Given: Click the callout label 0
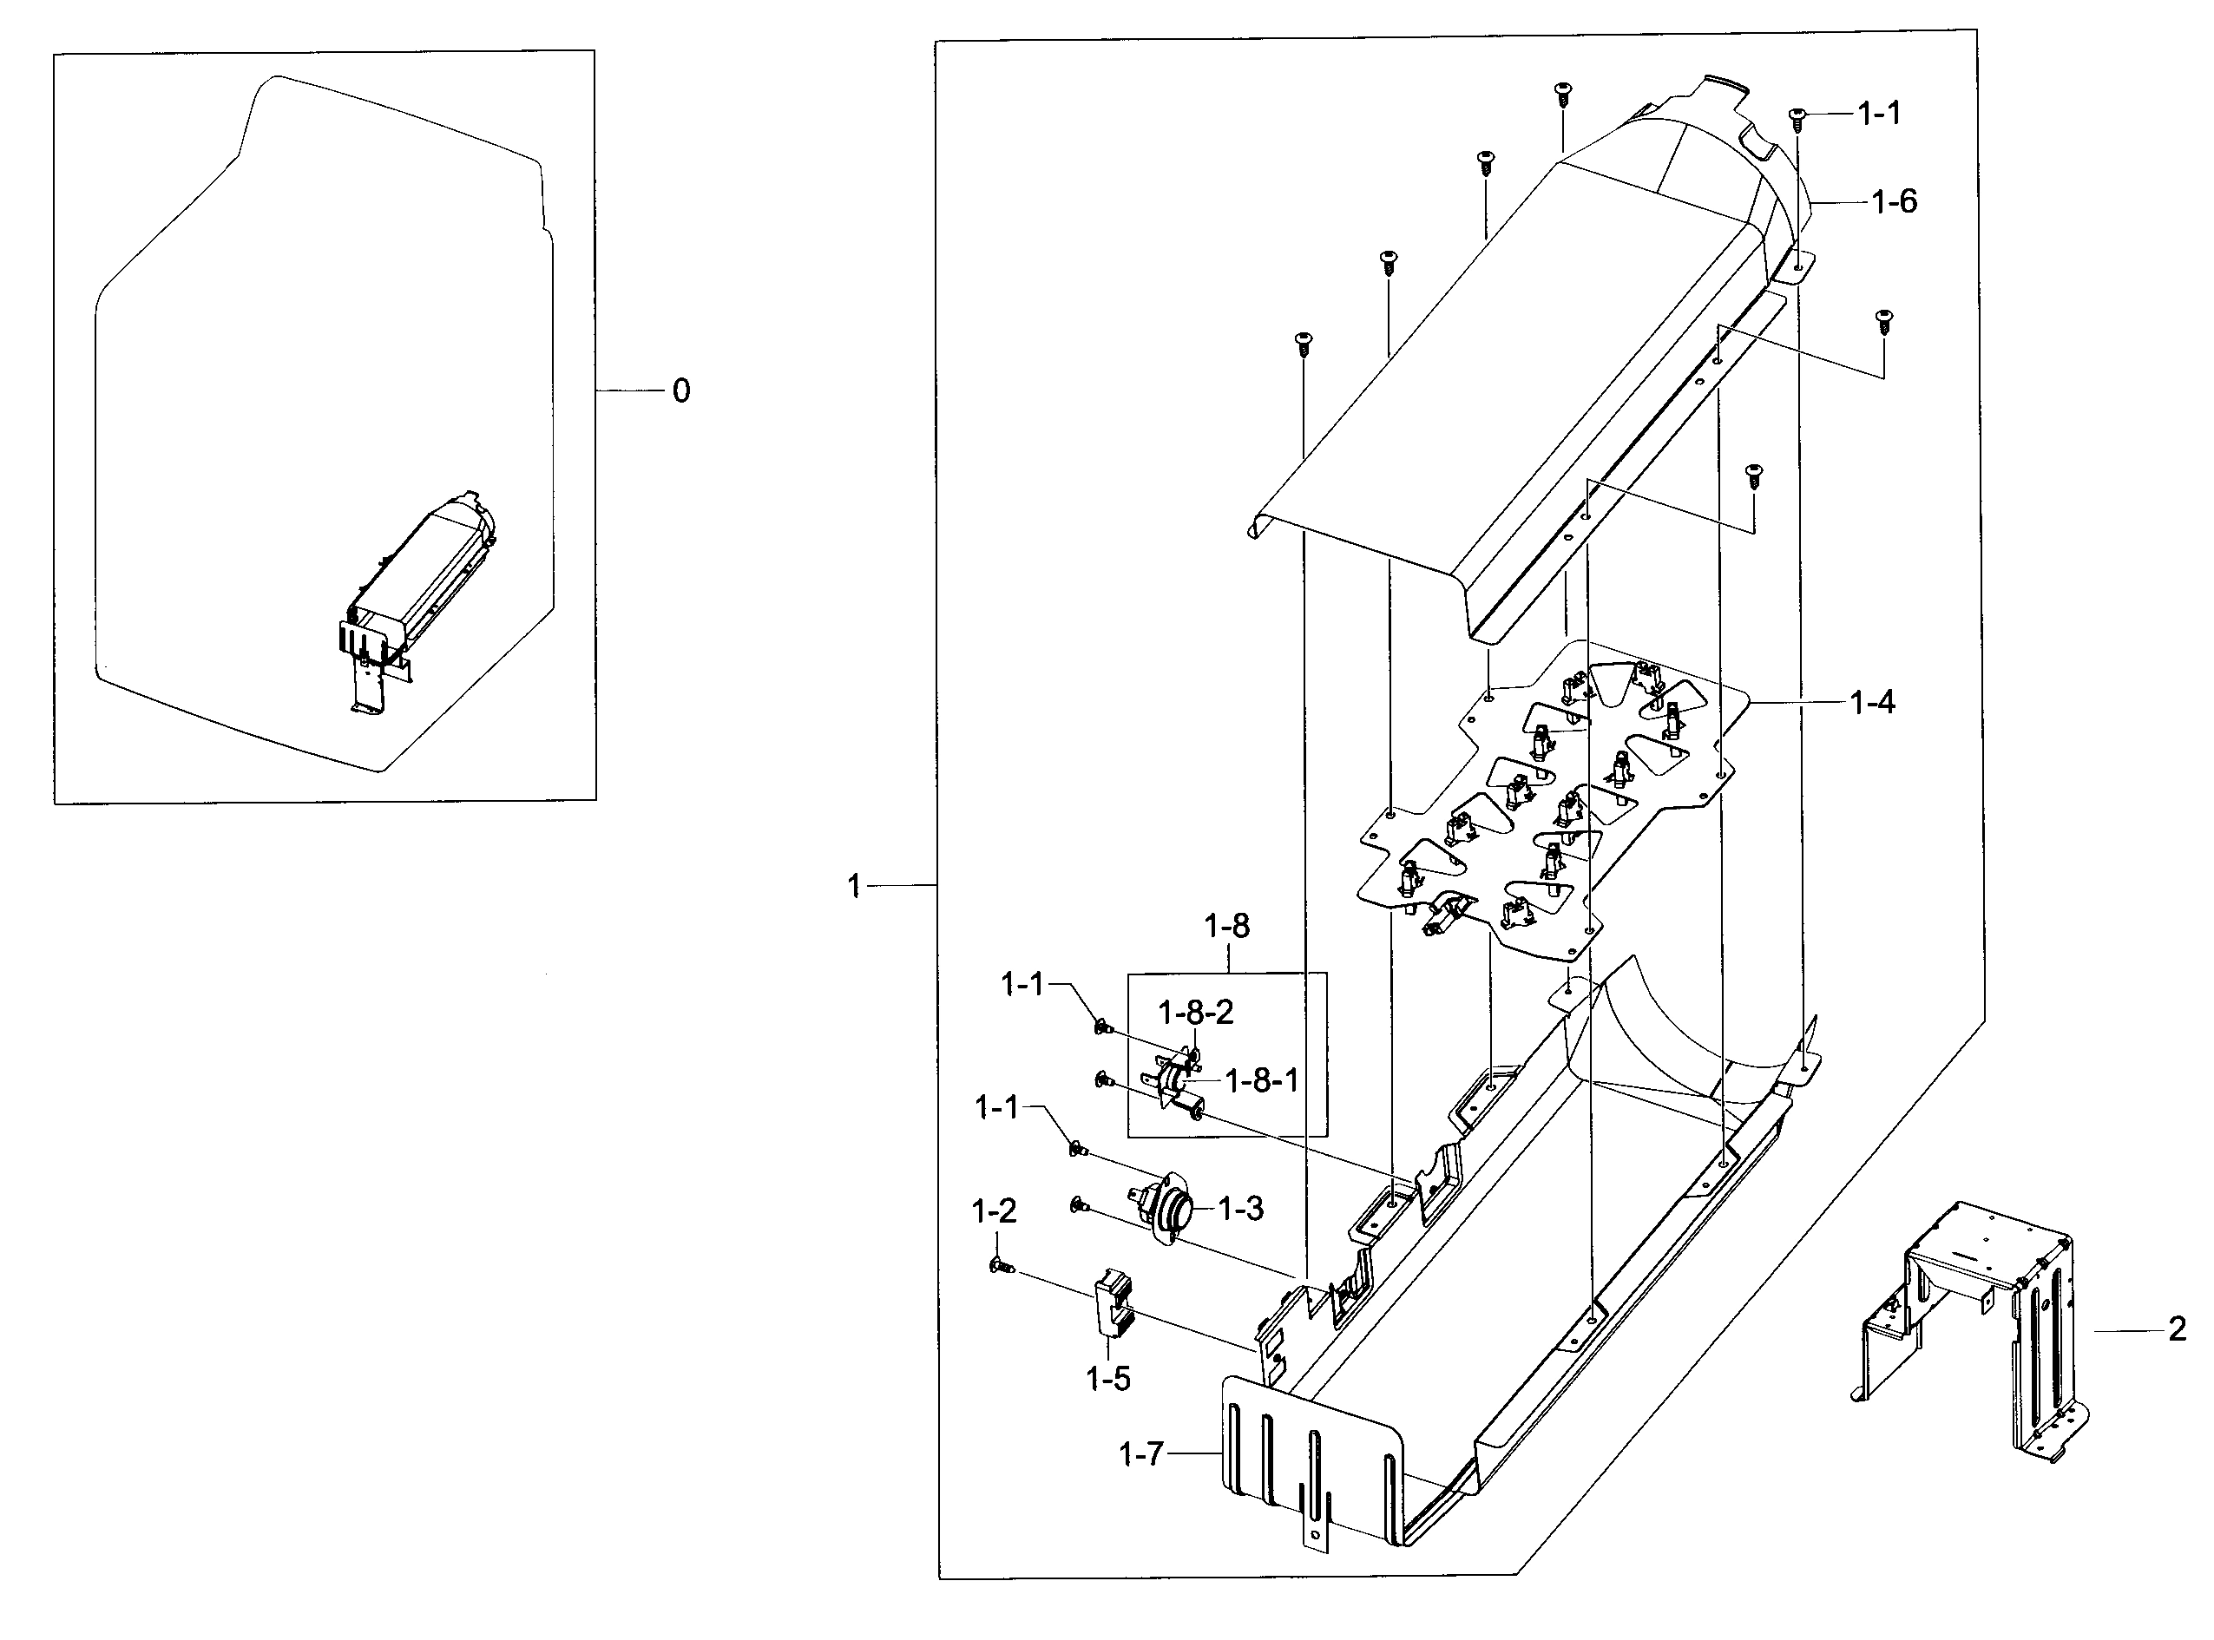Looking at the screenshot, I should (x=680, y=391).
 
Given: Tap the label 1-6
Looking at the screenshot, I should (x=1894, y=202).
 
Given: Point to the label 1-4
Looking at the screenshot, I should (x=1871, y=703).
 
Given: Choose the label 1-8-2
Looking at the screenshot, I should (x=1195, y=1013).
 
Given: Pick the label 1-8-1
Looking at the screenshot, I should (x=1261, y=1081).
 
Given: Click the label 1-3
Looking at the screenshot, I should (x=1240, y=1209).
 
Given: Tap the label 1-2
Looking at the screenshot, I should (x=994, y=1211).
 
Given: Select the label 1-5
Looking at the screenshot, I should (x=1108, y=1379).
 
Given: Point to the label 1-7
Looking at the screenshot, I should (x=1140, y=1455).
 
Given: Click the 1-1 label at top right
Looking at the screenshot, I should (x=1878, y=115).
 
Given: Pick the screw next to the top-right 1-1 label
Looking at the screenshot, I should (x=1797, y=118).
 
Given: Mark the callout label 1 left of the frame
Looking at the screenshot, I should (x=854, y=886).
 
